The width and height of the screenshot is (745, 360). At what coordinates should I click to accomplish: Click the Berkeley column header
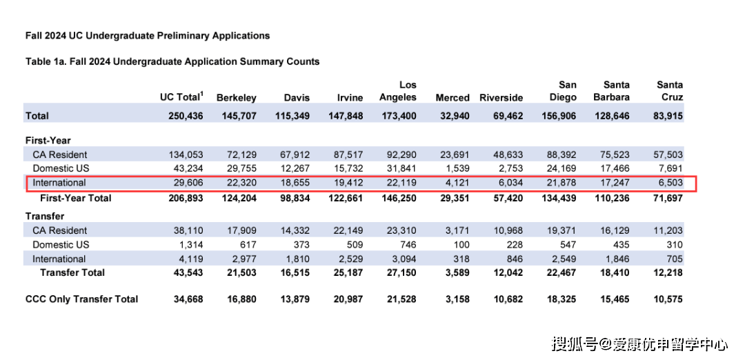tap(236, 98)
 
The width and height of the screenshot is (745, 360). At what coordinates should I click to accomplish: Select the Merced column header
tap(453, 98)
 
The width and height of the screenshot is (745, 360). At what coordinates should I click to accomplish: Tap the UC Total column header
tap(181, 97)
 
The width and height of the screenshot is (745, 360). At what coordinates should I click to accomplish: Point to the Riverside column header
tap(501, 98)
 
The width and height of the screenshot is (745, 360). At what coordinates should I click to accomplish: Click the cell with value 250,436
tap(186, 116)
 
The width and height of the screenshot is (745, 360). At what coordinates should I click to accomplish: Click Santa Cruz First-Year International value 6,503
tap(669, 182)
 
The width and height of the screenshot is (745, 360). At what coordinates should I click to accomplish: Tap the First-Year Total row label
tap(76, 198)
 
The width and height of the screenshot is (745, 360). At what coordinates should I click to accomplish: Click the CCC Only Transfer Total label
tap(81, 299)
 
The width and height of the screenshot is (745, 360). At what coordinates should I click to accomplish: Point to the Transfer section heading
tap(45, 217)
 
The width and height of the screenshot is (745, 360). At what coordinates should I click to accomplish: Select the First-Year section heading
tap(48, 140)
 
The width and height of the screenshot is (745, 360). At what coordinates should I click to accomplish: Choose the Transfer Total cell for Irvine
tap(347, 272)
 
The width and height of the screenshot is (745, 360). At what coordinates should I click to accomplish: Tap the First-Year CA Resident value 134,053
tap(186, 154)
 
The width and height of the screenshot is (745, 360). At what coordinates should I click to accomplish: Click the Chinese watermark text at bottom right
tap(639, 344)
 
